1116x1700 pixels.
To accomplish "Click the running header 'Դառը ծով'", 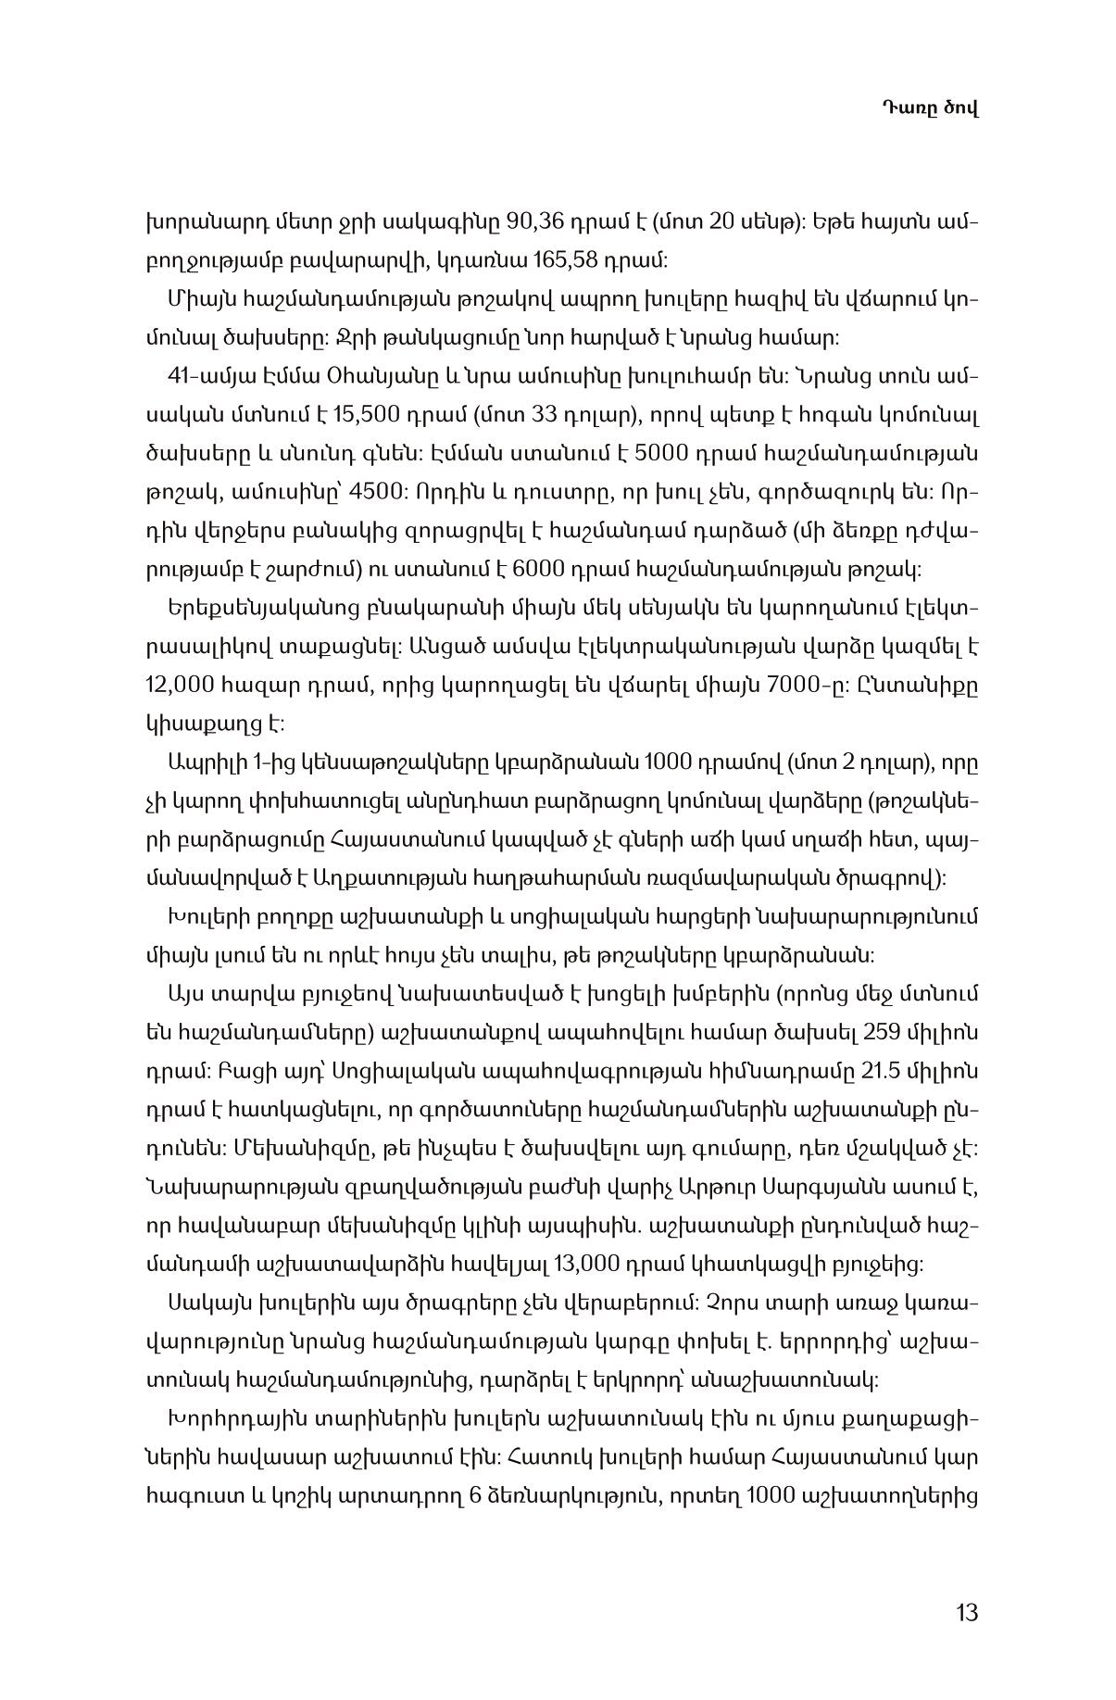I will tap(929, 108).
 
